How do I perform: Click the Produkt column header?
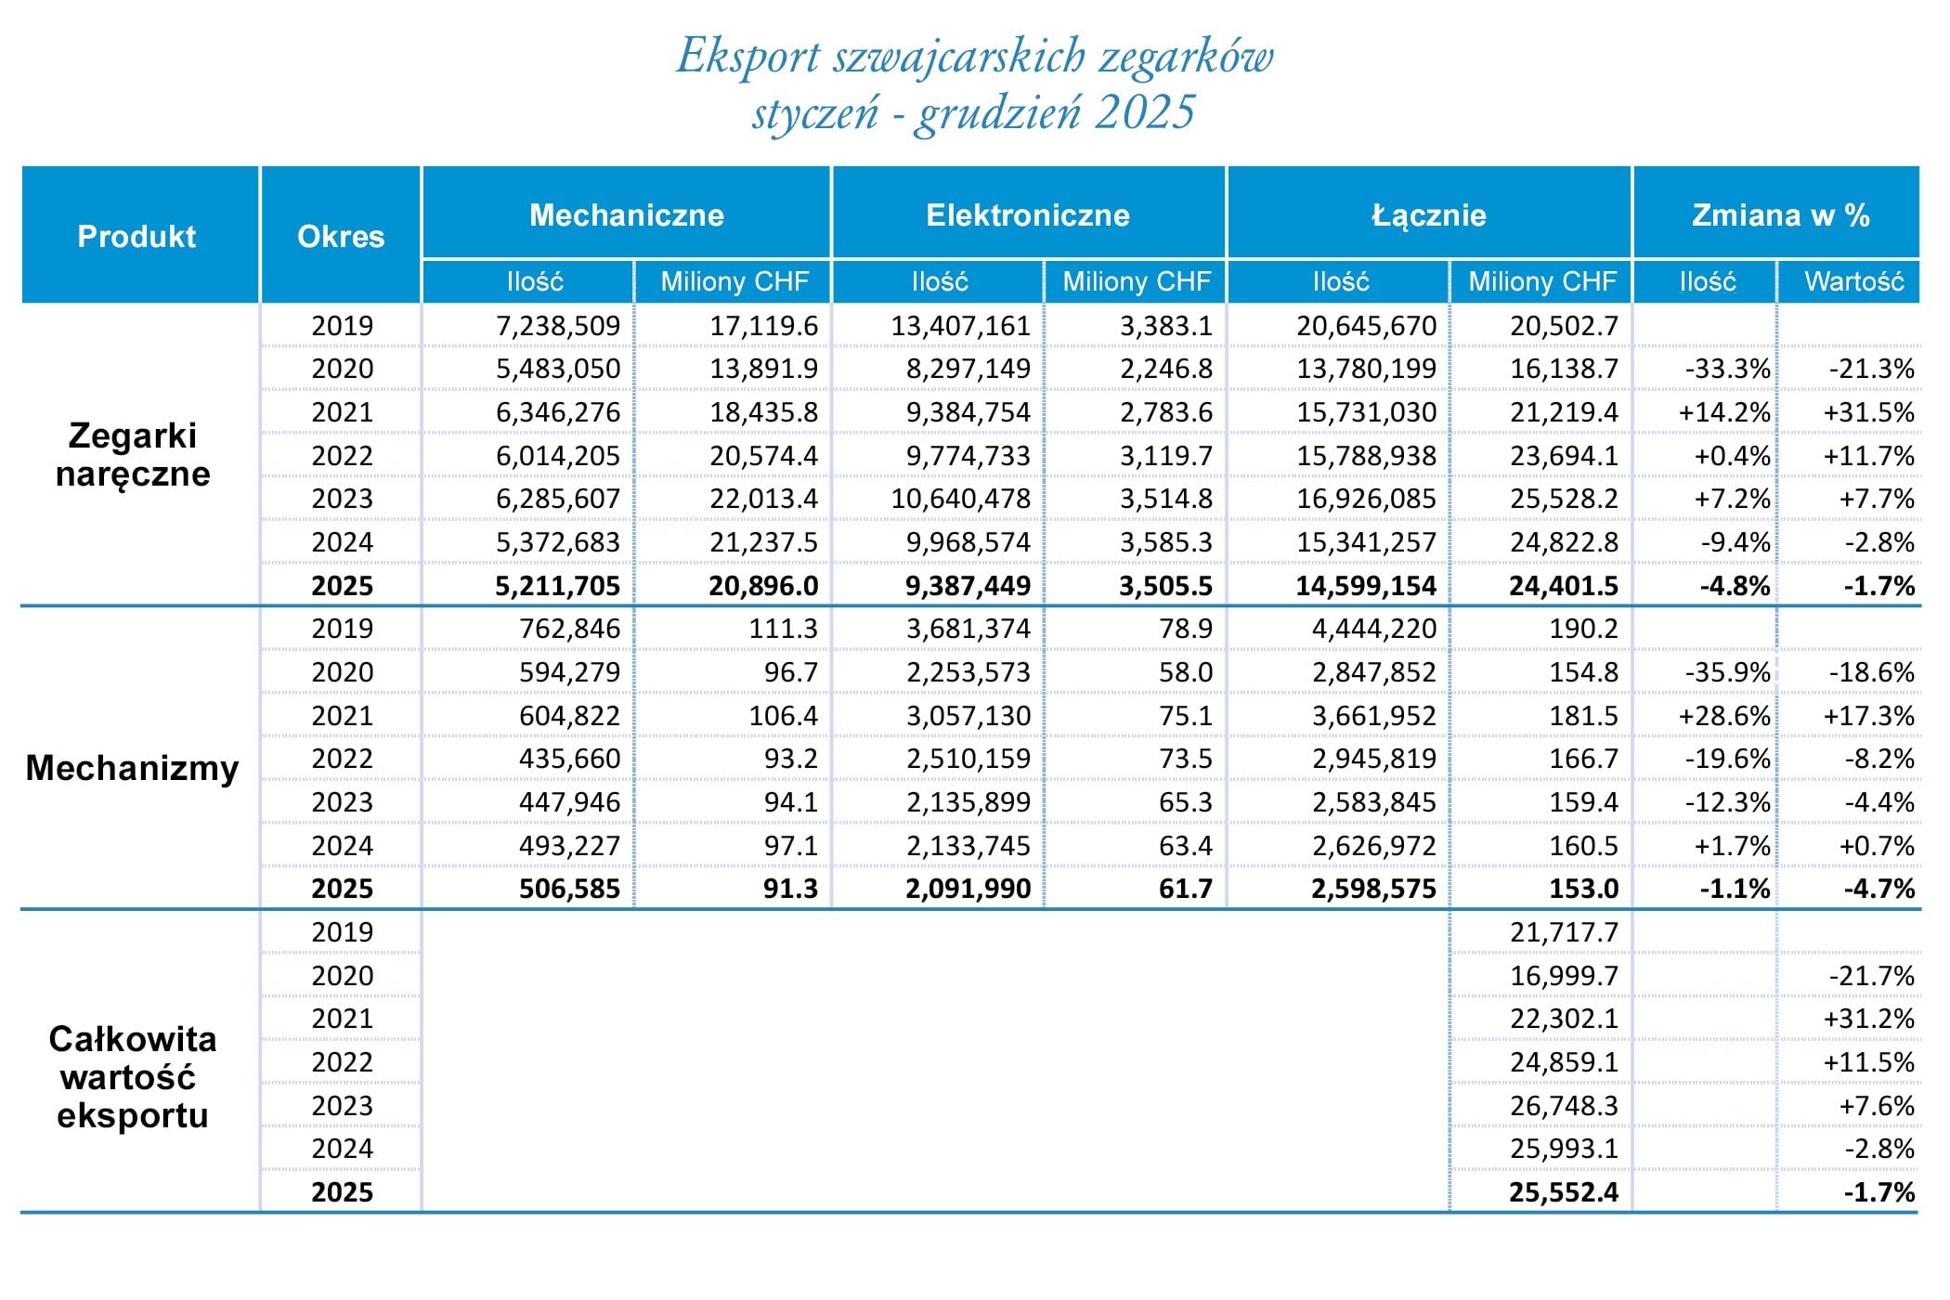(x=136, y=237)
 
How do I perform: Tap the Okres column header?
(x=341, y=237)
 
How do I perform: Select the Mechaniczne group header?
(x=627, y=215)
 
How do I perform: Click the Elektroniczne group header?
(x=1028, y=215)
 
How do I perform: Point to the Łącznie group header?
(x=1429, y=215)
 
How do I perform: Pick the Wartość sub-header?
(x=1853, y=281)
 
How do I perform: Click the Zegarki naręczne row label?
(x=133, y=455)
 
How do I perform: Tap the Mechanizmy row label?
(x=133, y=768)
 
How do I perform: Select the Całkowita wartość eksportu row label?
(x=133, y=1077)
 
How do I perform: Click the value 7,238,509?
(x=558, y=326)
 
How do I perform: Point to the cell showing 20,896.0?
(x=763, y=586)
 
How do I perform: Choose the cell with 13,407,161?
(x=960, y=326)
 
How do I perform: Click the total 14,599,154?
(x=1366, y=586)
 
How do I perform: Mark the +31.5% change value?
(x=1868, y=412)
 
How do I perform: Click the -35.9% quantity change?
(x=1727, y=672)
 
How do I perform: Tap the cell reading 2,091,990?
(x=968, y=889)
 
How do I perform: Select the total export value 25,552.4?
(x=1564, y=1192)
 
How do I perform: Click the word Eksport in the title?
(x=748, y=56)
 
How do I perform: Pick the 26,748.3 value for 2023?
(x=1564, y=1106)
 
